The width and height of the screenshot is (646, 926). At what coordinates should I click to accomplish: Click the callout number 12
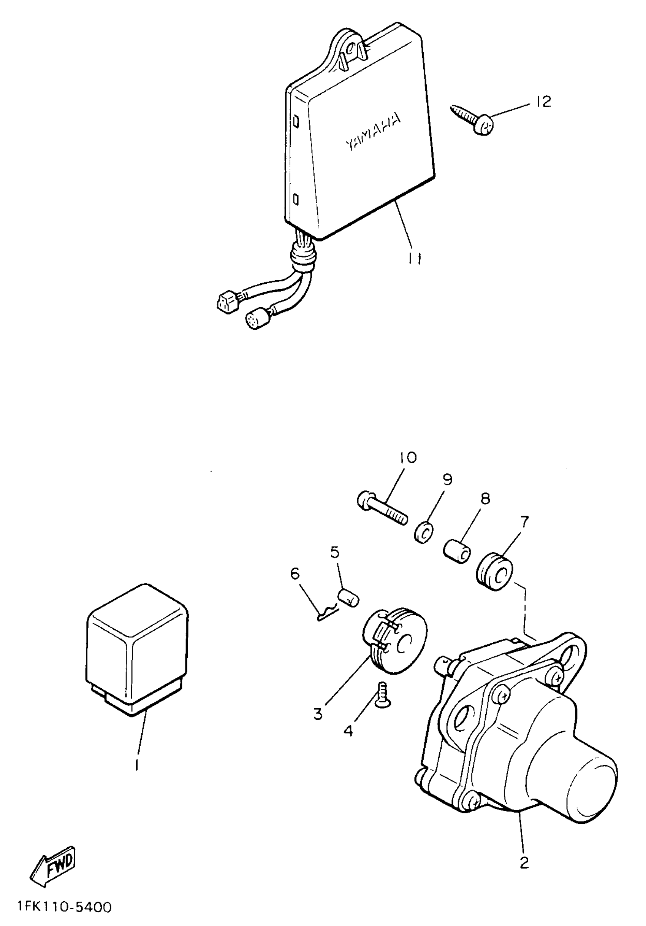tap(544, 102)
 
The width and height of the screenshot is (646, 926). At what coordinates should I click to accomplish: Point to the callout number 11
tap(414, 258)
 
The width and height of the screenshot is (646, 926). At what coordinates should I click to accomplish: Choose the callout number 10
tap(408, 457)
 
